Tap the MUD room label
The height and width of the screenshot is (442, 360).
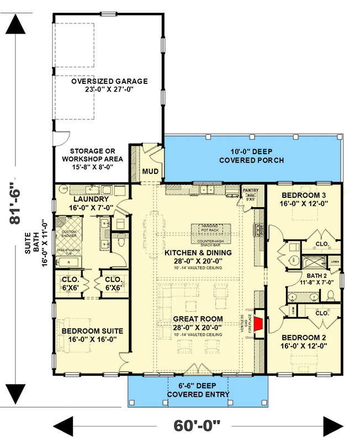(x=151, y=171)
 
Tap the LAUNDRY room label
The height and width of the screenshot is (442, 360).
(x=90, y=199)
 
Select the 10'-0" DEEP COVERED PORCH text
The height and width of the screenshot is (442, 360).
(x=256, y=156)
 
